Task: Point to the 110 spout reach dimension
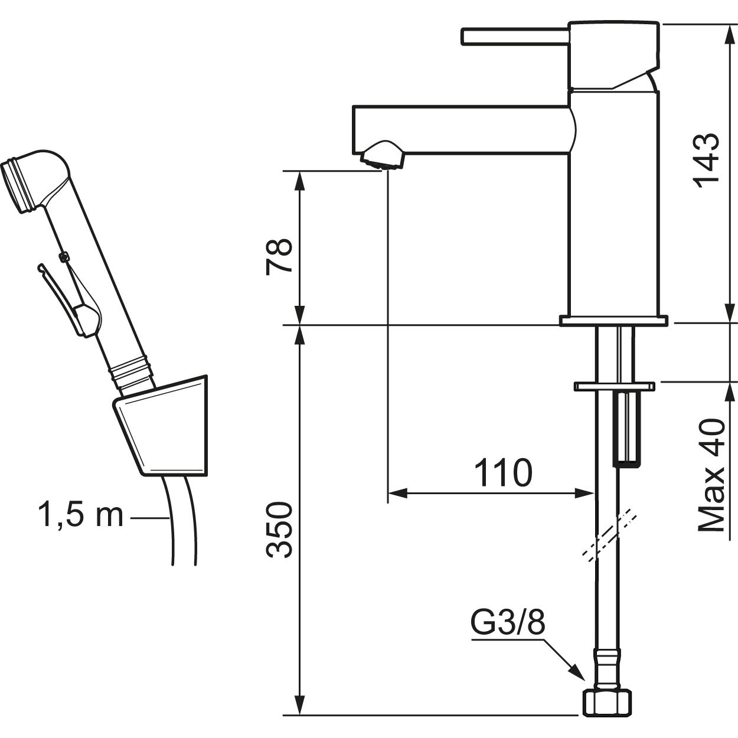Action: tap(503, 472)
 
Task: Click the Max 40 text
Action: tap(711, 475)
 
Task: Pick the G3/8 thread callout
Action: tap(507, 622)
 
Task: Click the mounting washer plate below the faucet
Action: tap(615, 387)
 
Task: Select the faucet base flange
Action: tap(613, 321)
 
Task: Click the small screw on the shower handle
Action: tap(64, 256)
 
